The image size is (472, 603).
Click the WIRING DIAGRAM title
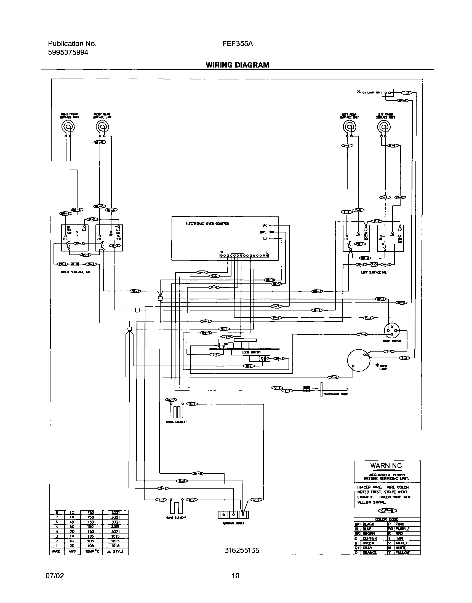coord(237,65)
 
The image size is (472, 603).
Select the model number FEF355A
coord(238,44)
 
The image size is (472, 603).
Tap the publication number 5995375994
coord(68,52)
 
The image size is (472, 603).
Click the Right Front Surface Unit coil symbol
coord(68,127)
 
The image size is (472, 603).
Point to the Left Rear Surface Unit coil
coord(350,127)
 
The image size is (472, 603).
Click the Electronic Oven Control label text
coord(207,224)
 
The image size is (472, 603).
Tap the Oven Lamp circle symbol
coord(358,360)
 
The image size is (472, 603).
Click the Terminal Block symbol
coord(233,514)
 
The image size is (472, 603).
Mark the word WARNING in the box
coord(386,466)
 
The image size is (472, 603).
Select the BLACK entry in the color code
coord(368,524)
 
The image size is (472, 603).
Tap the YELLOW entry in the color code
coord(402,553)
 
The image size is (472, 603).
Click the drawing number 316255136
coord(242,551)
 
